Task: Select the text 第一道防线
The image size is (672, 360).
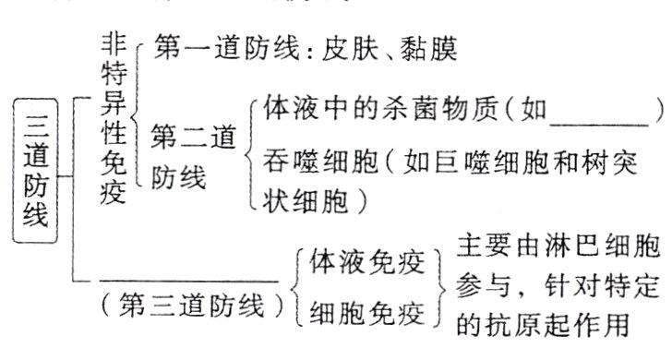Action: pyautogui.click(x=203, y=47)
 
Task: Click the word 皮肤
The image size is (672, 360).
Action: pyautogui.click(x=346, y=47)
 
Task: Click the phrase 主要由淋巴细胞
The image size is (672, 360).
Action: pyautogui.click(x=558, y=247)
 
